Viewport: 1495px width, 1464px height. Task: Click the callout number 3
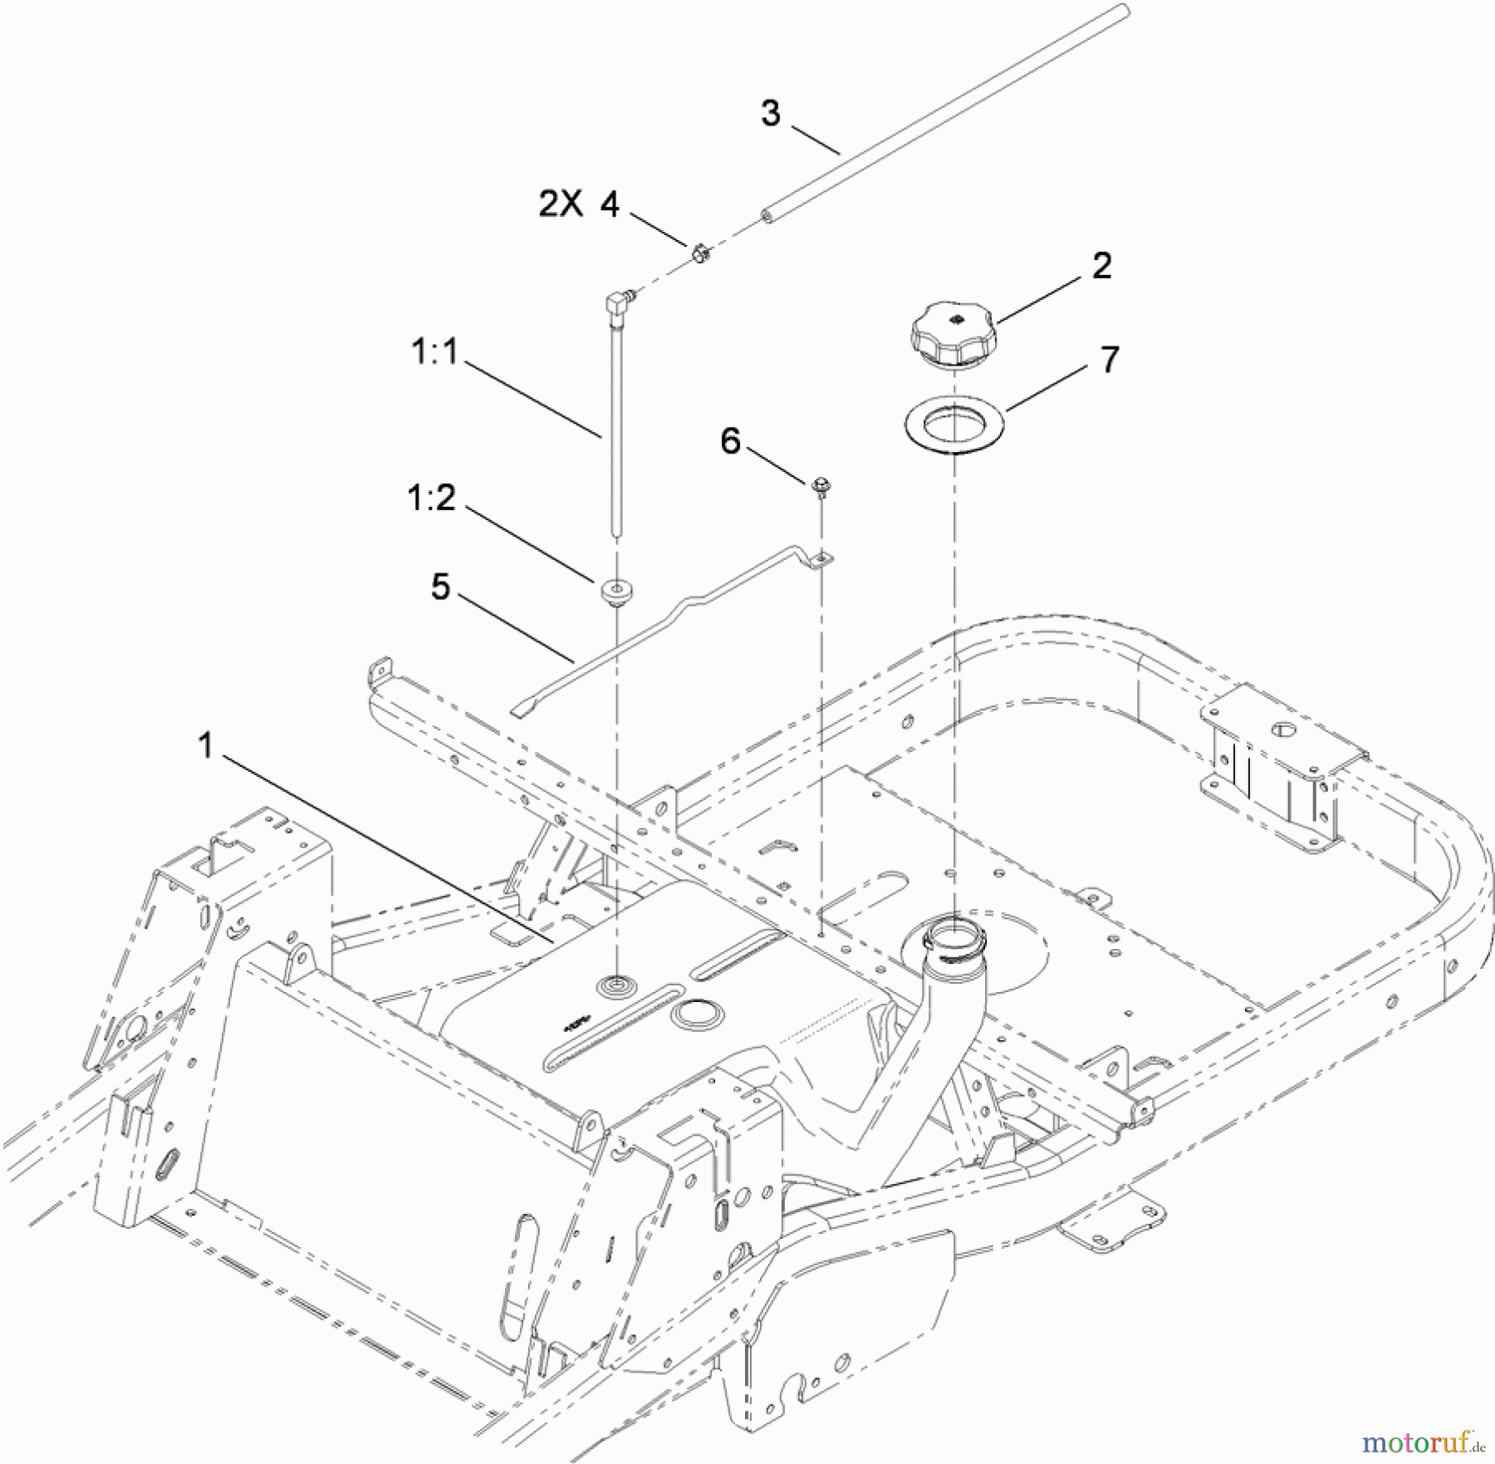pos(770,114)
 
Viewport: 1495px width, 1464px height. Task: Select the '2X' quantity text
pos(561,204)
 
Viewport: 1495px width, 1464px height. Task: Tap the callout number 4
pos(610,204)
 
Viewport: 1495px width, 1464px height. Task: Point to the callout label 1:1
pos(434,352)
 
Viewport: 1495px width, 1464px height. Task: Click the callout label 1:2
pos(432,499)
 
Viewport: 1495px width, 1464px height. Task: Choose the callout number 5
pos(440,587)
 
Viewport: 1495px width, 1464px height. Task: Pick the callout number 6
pos(730,441)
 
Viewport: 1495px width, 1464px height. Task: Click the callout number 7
pos(1110,360)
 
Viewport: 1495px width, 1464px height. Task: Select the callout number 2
pos(1101,266)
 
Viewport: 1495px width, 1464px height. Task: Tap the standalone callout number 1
pos(206,745)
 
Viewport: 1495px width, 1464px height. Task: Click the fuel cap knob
pos(953,332)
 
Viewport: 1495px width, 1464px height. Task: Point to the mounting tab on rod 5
pos(821,561)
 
